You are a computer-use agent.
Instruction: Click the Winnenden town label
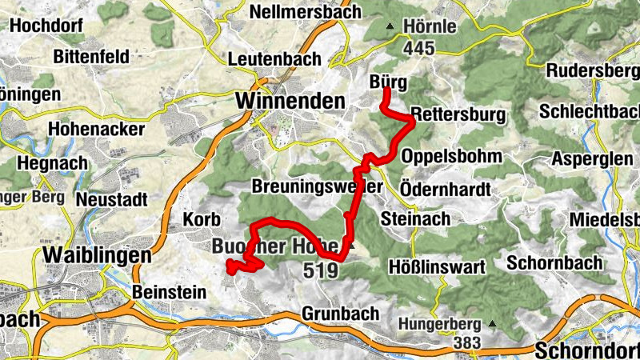[290, 102]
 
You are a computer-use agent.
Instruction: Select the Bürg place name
[390, 82]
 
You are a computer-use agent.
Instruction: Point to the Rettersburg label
[458, 115]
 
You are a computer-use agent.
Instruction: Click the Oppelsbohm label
[452, 156]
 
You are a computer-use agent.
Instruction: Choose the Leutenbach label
[274, 59]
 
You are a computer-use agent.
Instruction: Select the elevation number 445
[419, 49]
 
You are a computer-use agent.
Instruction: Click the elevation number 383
[465, 343]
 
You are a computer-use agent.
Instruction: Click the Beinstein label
[170, 292]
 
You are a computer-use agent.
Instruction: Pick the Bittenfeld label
[91, 57]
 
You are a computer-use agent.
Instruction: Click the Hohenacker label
[96, 129]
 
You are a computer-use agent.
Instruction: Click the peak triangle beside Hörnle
[390, 26]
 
